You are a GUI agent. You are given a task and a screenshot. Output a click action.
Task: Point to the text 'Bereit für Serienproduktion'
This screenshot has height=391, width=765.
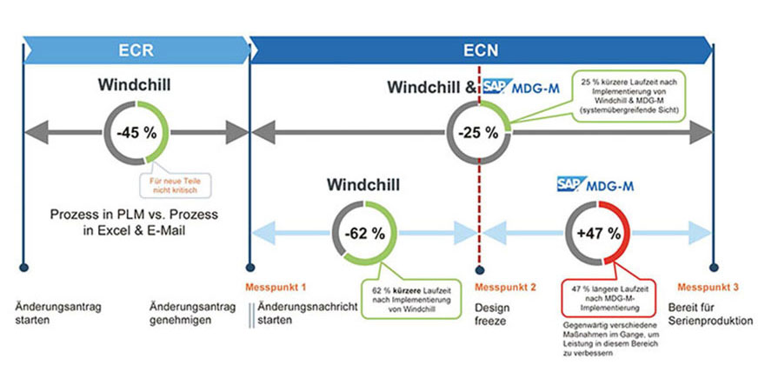pos(710,314)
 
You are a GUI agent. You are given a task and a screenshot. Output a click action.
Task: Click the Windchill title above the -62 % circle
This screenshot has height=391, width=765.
pos(363,184)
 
